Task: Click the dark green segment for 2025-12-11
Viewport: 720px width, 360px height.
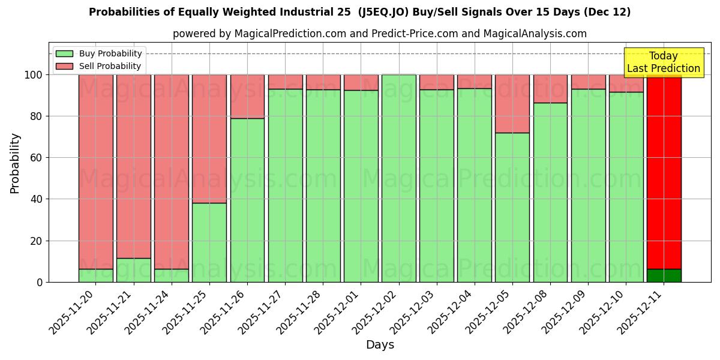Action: pyautogui.click(x=664, y=275)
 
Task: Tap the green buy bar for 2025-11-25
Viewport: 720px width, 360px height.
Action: pyautogui.click(x=209, y=242)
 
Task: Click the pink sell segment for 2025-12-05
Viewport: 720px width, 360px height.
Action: pyautogui.click(x=512, y=104)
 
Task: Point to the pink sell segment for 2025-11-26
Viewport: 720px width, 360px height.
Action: pyautogui.click(x=247, y=97)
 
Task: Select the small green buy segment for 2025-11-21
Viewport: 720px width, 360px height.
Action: pyautogui.click(x=134, y=270)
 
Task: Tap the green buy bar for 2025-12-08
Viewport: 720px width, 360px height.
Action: pyautogui.click(x=550, y=192)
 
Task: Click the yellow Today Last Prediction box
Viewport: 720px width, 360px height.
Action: pyautogui.click(x=664, y=62)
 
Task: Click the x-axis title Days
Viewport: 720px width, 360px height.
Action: pyautogui.click(x=380, y=345)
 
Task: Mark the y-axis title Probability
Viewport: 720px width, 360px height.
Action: pyautogui.click(x=15, y=163)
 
